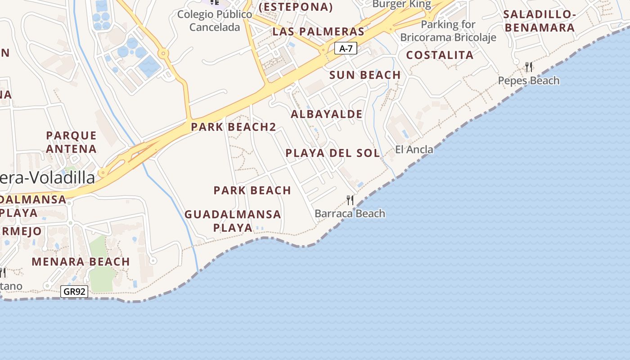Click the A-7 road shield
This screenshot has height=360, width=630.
pyautogui.click(x=346, y=48)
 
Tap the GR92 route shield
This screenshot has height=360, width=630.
pyautogui.click(x=74, y=292)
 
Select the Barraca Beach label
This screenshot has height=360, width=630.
pyautogui.click(x=350, y=213)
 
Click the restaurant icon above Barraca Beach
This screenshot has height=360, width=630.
pyautogui.click(x=350, y=200)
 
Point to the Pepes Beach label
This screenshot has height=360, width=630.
pyautogui.click(x=529, y=81)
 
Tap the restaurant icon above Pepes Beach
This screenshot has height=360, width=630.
pyautogui.click(x=529, y=67)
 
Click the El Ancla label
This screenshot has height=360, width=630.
pyautogui.click(x=414, y=149)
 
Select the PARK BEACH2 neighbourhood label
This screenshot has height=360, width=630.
pyautogui.click(x=233, y=127)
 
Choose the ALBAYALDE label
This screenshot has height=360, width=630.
pyautogui.click(x=326, y=114)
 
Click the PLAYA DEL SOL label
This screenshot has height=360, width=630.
pyautogui.click(x=333, y=153)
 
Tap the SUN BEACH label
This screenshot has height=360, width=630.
pyautogui.click(x=365, y=75)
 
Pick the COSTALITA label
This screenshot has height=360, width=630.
pyautogui.click(x=440, y=55)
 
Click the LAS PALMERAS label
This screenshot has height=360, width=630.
pyautogui.click(x=318, y=31)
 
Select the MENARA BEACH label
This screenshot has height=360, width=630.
pyautogui.click(x=81, y=261)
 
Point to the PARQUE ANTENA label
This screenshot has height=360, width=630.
pyautogui.click(x=72, y=142)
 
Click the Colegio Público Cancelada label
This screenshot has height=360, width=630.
pyautogui.click(x=215, y=21)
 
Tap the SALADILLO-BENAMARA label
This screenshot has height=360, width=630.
pyautogui.click(x=540, y=21)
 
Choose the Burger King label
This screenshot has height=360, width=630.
pyautogui.click(x=402, y=4)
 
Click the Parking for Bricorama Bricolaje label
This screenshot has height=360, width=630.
pyautogui.click(x=448, y=31)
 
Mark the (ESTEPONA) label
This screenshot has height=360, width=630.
pyautogui.click(x=296, y=7)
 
